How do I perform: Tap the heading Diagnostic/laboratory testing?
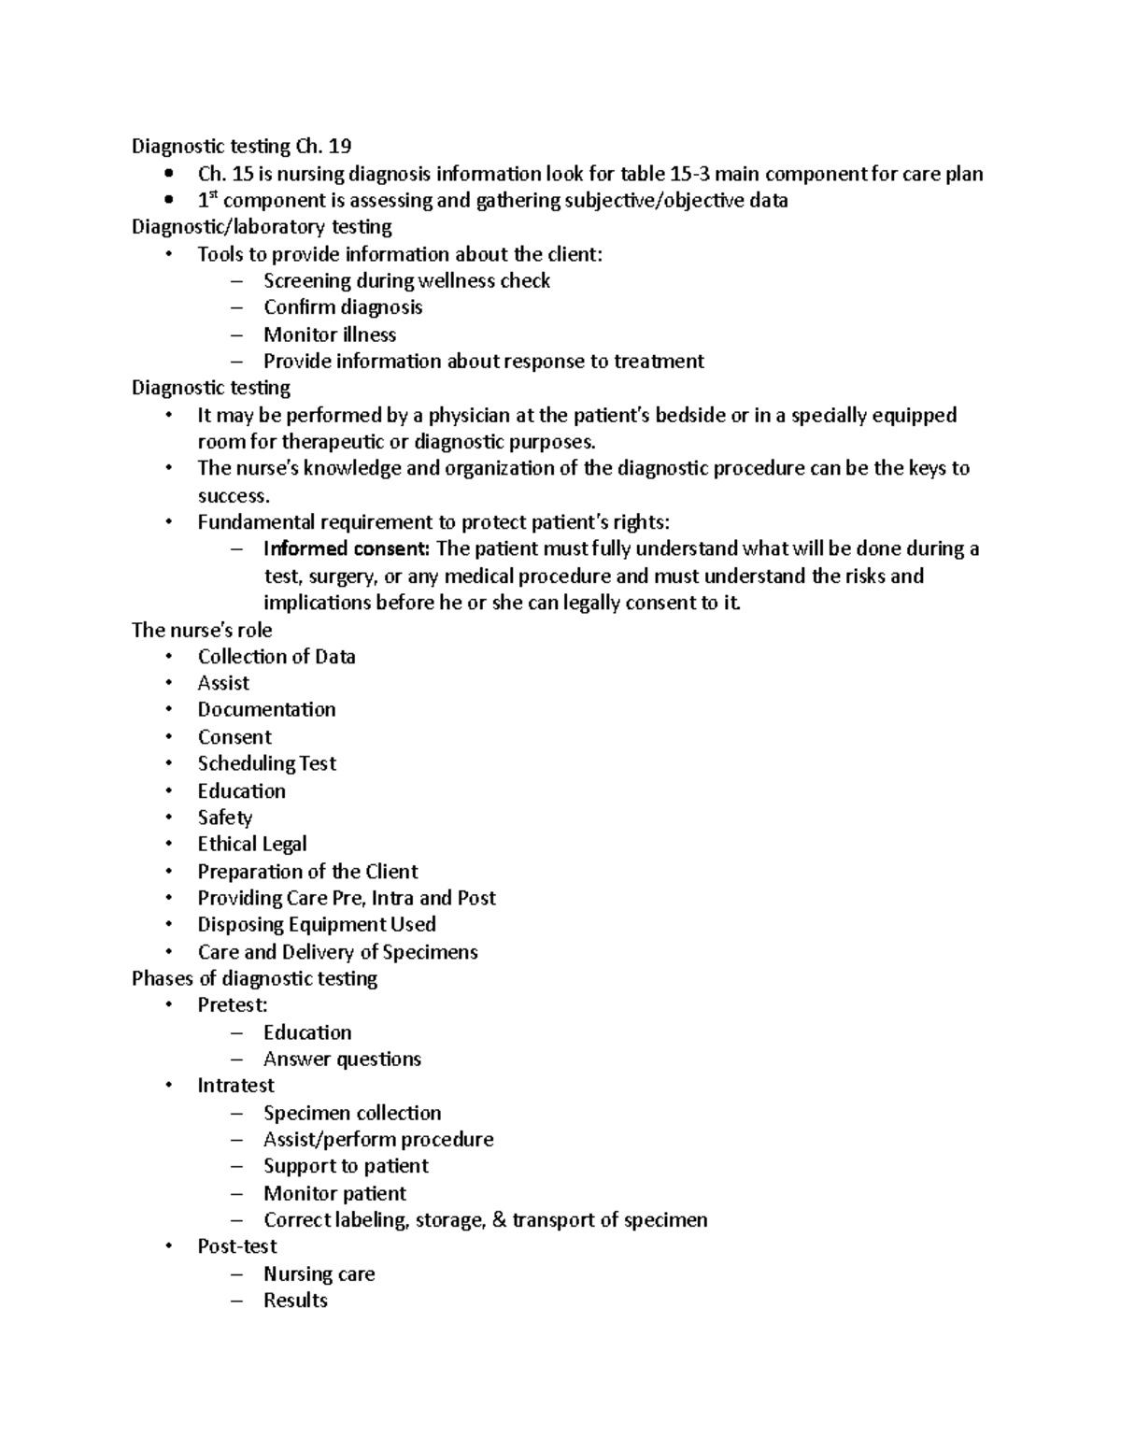pos(262,227)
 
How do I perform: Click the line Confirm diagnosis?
pos(343,307)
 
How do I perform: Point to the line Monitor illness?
pos(330,334)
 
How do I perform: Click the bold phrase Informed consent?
pos(347,548)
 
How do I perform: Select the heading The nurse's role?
pos(202,630)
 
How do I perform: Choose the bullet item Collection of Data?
pos(277,657)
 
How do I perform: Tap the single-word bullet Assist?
pos(223,683)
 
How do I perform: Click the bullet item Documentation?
pos(266,710)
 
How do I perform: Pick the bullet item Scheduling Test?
pos(266,763)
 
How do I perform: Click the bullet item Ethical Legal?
pos(252,845)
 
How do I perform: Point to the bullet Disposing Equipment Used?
pos(317,925)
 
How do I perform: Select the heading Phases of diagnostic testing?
pos(254,978)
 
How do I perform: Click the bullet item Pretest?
pos(233,1005)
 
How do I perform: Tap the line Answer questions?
pos(342,1060)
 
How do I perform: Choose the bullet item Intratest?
pos(235,1086)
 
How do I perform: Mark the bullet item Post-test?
pos(237,1246)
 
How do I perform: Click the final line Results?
pos(295,1301)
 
